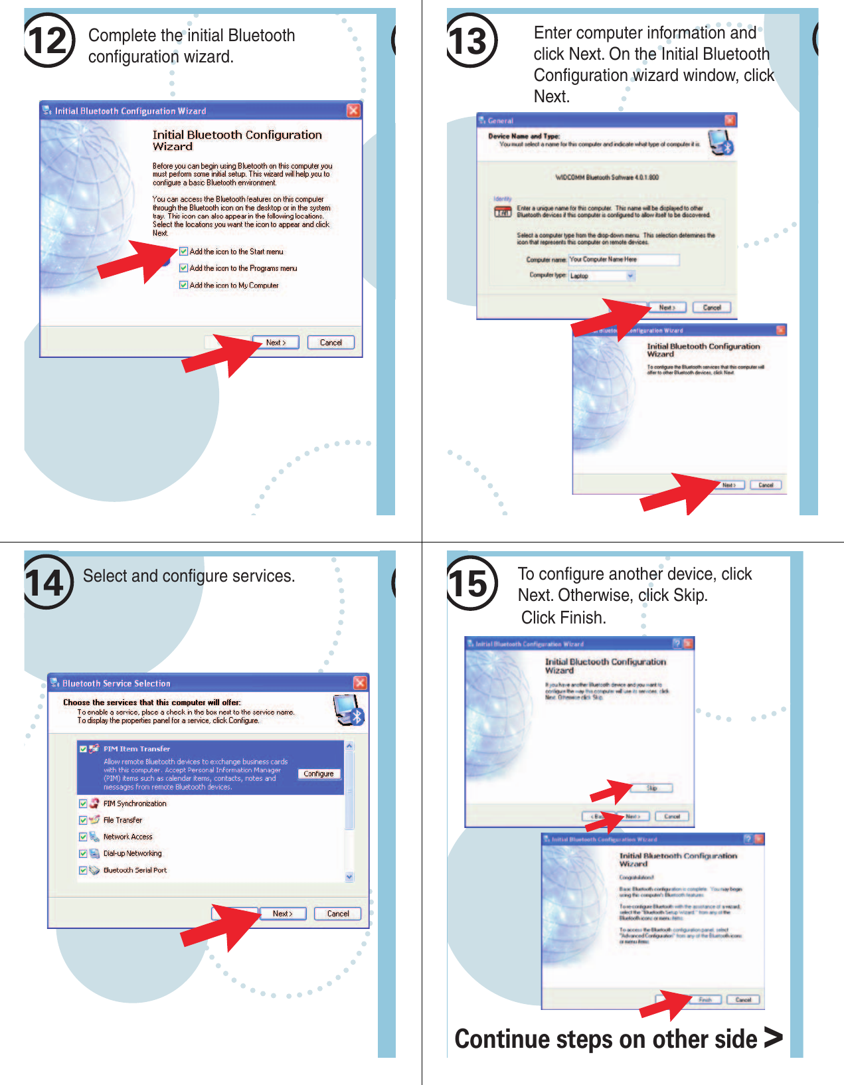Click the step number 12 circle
(x=48, y=41)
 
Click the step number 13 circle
(x=471, y=41)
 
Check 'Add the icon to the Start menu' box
(x=184, y=252)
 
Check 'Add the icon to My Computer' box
(x=184, y=285)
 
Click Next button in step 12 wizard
(x=276, y=343)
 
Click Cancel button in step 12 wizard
(x=331, y=343)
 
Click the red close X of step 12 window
(x=353, y=110)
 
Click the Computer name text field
(x=623, y=260)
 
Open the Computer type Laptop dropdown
(x=630, y=276)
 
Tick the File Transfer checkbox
(x=83, y=820)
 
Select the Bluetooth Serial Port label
(x=135, y=870)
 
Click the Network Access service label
(x=127, y=837)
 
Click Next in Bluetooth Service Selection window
(x=282, y=914)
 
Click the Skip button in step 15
(x=652, y=788)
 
